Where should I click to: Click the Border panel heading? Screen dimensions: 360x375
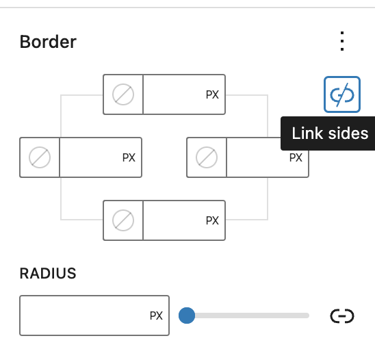[48, 42]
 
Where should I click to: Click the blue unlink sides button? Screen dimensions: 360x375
[341, 95]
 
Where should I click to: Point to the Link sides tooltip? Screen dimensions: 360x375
[330, 133]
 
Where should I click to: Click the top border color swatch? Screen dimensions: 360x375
[123, 94]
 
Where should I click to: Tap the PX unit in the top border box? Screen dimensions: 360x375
[212, 95]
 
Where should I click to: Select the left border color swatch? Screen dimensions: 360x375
[40, 157]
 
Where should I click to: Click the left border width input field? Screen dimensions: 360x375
[90, 157]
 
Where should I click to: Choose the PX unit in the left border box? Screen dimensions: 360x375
[129, 157]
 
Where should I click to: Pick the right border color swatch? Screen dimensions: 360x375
[207, 157]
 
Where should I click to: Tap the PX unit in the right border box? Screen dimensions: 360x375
[296, 158]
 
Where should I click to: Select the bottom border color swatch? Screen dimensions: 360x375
[123, 220]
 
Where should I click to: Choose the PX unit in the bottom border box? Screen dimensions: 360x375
[212, 220]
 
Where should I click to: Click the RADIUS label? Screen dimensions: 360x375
[48, 274]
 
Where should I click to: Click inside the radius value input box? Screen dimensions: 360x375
[82, 316]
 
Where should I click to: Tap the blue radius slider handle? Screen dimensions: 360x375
[187, 316]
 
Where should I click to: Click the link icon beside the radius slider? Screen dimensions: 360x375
[341, 316]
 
